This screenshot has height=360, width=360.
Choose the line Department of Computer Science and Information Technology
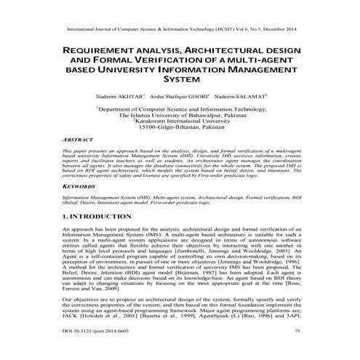click(x=180, y=108)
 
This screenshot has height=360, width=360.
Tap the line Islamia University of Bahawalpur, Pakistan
click(x=180, y=114)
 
